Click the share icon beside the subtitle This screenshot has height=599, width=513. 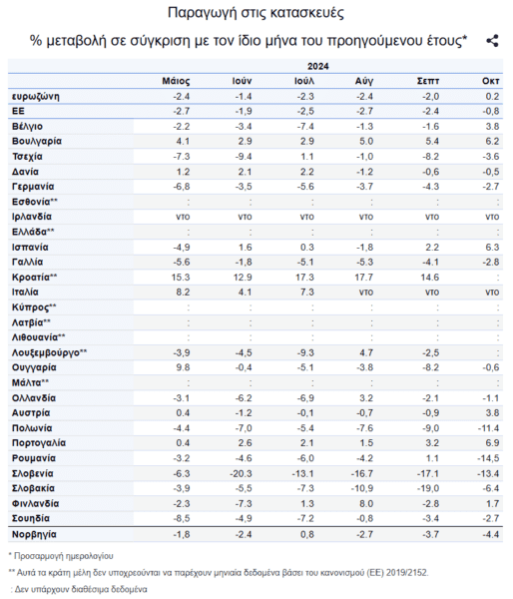pos(492,41)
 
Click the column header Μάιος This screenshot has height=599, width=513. pos(176,81)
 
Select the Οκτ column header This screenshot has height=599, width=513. pos(490,81)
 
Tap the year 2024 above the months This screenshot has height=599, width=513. pos(317,66)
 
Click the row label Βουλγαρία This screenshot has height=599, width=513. pos(37,142)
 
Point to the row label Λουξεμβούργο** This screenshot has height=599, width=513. pos(49,352)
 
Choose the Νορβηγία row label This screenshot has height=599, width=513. pos(34,534)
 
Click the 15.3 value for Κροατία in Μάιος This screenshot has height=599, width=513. pos(181,278)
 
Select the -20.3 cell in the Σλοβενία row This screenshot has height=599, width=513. pos(241,473)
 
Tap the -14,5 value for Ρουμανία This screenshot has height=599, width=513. pos(488,458)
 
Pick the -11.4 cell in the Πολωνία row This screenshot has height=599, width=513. pos(488,428)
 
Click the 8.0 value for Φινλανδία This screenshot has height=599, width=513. pos(366,504)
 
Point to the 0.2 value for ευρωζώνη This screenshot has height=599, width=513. pos(492,96)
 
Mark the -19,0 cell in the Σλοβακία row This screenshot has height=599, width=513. pos(428,488)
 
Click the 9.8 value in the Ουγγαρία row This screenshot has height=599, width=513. pos(183,367)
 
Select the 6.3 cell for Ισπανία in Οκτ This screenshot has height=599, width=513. pos(492,248)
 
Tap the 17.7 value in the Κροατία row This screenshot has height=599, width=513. pos(363,278)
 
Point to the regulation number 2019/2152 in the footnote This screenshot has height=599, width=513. pos(407,573)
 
